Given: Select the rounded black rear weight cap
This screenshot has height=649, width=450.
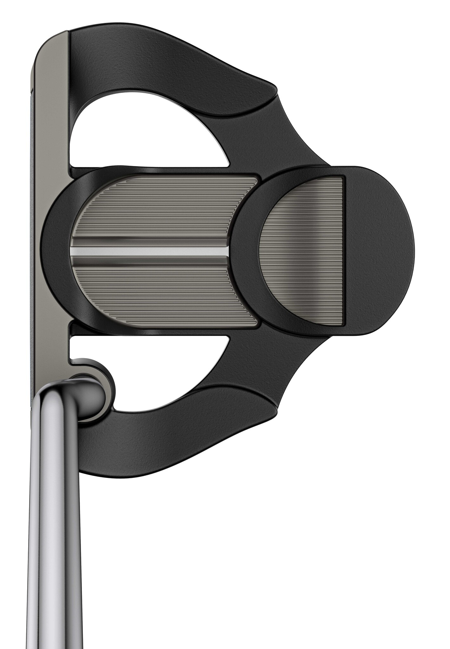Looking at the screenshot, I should coord(381,250).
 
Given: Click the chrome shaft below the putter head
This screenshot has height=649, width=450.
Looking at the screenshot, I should coord(54,539).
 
